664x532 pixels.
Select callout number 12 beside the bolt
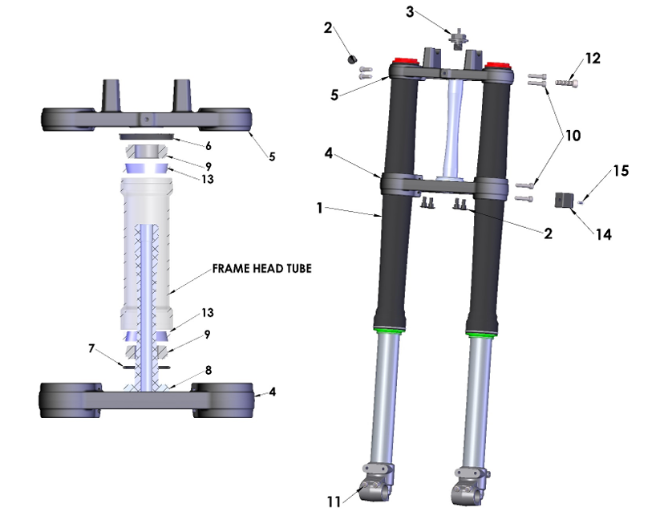[x=592, y=59]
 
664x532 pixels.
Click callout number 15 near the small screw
[x=621, y=171]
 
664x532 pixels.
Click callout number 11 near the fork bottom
[x=334, y=501]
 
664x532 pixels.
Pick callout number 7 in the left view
[x=92, y=349]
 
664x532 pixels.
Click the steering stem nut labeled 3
[x=459, y=39]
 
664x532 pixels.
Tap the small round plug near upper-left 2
[x=350, y=59]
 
